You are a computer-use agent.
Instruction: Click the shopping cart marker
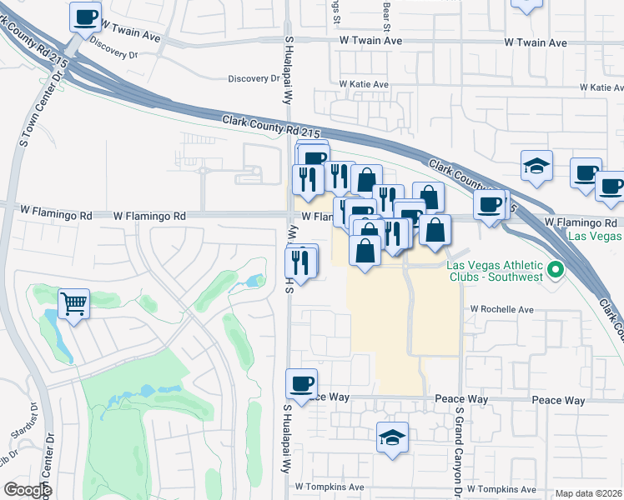(74, 303)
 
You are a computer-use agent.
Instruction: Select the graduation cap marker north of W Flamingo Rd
(536, 165)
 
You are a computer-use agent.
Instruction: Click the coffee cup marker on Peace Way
(301, 384)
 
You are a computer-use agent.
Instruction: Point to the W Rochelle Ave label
(501, 309)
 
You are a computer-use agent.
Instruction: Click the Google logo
(28, 490)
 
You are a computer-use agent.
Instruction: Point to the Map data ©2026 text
(589, 493)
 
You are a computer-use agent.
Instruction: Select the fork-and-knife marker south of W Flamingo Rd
(301, 261)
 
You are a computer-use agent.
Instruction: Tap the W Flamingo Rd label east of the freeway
(580, 222)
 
